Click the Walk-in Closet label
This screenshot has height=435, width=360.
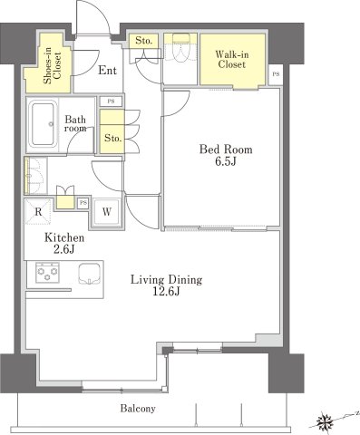tap(232, 60)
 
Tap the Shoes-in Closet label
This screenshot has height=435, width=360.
tap(53, 65)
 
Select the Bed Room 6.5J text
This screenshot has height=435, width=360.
tap(226, 155)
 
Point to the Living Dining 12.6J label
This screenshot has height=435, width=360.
tap(166, 285)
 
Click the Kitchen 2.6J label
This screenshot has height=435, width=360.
tap(64, 243)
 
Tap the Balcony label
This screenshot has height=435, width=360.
tap(138, 409)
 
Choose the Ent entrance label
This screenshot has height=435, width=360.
tap(107, 71)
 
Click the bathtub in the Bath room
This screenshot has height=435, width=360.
tap(43, 124)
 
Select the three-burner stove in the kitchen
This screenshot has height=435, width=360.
tap(47, 273)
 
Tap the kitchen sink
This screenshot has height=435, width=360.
tap(90, 274)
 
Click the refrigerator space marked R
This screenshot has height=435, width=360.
tap(38, 212)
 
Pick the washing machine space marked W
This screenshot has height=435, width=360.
tap(106, 212)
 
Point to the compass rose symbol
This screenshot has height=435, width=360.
tap(326, 420)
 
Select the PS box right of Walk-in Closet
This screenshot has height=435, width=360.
tap(276, 74)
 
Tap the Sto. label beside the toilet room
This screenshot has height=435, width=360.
tap(142, 41)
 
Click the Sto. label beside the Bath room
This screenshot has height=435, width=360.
tap(112, 139)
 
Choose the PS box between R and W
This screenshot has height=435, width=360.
tap(83, 203)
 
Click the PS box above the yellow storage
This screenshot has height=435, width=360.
tap(111, 101)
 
